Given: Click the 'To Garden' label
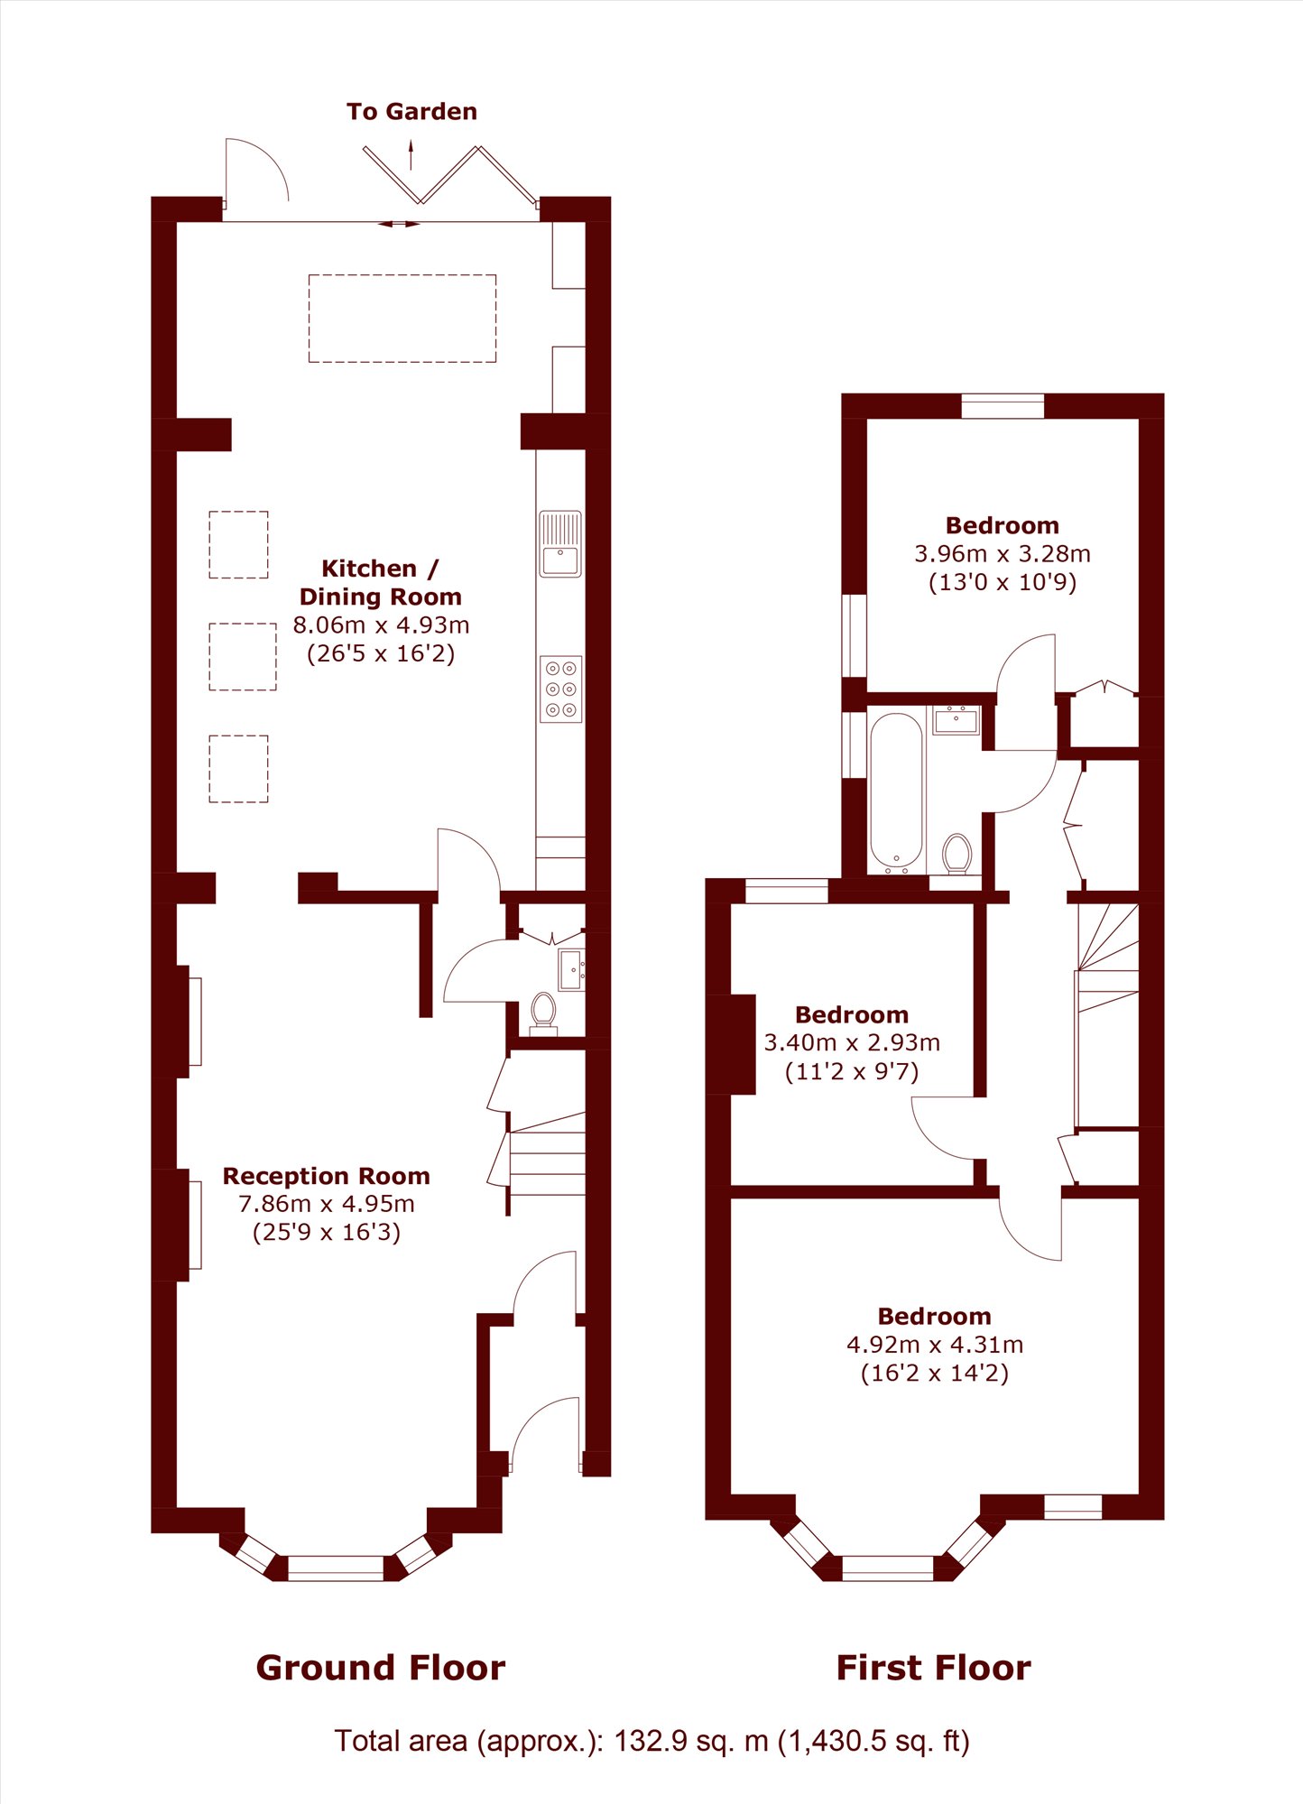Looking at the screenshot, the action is click(411, 112).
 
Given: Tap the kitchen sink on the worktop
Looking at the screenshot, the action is click(560, 544).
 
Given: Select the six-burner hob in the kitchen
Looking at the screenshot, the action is click(560, 689).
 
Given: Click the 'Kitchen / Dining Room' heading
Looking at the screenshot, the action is click(381, 582).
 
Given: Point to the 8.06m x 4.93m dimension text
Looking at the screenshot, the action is click(381, 624).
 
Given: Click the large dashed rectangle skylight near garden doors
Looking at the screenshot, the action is click(402, 319).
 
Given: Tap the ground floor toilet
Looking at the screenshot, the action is click(543, 1013).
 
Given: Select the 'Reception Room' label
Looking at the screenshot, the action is click(327, 1176).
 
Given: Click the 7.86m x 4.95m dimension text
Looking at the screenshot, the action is click(327, 1204).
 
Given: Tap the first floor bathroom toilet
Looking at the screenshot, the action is click(957, 854).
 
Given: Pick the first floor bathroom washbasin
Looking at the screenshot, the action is click(956, 721).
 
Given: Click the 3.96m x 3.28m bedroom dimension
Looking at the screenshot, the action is click(1003, 553).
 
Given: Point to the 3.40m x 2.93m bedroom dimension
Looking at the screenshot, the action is click(852, 1042).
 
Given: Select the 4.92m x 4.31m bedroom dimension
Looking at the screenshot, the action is click(935, 1345).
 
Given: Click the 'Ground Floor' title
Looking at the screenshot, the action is click(381, 1668).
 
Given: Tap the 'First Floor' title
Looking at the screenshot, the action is click(934, 1668).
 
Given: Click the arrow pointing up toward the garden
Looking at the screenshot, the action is click(411, 154).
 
